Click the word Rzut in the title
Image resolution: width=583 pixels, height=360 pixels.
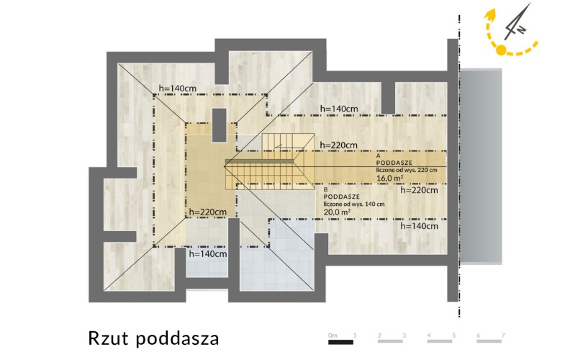pos(108,338)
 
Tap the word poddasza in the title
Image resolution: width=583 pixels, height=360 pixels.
pos(177,339)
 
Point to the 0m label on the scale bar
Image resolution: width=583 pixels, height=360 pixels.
pos(333,335)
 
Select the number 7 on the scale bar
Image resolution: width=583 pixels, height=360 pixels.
pos(503,335)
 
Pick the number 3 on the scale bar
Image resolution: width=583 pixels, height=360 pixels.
pos(405,335)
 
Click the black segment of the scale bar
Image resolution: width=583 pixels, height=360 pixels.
pos(340,342)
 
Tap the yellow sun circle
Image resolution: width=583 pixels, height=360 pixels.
pos(501,50)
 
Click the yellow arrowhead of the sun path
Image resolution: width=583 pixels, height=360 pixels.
pos(491,14)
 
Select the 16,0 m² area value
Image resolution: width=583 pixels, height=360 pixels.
pos(390,178)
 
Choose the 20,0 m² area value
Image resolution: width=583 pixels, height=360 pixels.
pos(338,212)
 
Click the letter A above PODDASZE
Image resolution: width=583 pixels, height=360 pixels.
pos(379,156)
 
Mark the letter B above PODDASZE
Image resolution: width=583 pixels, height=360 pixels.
pos(326,189)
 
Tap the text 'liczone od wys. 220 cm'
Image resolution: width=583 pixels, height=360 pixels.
pos(407,170)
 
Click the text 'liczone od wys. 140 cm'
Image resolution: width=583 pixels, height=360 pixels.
pos(354,204)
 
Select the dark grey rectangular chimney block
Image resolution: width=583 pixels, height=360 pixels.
pos(219,125)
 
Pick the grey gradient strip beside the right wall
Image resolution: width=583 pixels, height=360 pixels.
pos(481,166)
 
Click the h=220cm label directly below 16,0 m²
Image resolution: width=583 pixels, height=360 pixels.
pos(420,190)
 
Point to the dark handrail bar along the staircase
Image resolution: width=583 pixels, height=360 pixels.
pos(259,161)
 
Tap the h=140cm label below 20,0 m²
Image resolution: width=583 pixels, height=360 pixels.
pos(420,226)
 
